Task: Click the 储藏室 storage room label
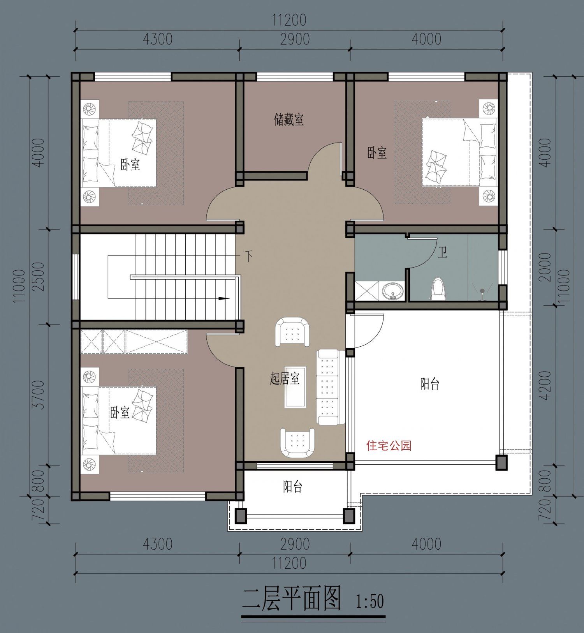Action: [289, 120]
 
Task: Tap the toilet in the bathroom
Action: [438, 289]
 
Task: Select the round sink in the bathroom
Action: [392, 291]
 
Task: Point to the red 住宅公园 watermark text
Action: [389, 445]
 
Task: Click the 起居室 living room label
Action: [285, 378]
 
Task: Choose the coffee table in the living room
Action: [295, 387]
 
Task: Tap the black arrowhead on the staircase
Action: [223, 299]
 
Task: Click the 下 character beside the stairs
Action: [248, 256]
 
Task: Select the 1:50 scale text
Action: [369, 601]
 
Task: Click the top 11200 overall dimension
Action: [289, 20]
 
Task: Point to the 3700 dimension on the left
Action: [39, 395]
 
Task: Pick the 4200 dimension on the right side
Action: [546, 385]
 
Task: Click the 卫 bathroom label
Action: [442, 252]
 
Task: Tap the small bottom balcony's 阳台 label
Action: [292, 487]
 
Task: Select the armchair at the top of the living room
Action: [292, 332]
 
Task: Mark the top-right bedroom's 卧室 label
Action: [377, 153]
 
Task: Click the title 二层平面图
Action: [292, 599]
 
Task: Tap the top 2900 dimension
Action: [295, 39]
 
